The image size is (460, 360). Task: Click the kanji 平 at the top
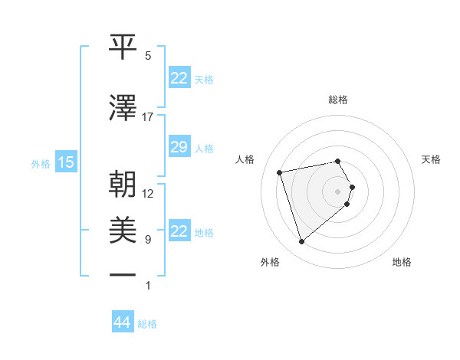123,46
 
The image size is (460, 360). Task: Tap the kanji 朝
123,184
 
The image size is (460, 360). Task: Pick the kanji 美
123,230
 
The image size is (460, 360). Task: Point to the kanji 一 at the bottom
123,273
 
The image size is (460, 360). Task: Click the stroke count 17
147,117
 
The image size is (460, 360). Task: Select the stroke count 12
148,193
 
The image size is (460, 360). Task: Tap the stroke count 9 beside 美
148,240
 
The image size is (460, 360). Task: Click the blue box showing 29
179,148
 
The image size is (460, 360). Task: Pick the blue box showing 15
66,162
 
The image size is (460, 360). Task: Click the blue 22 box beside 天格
179,78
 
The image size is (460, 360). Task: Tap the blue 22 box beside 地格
179,231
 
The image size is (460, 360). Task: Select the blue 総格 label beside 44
147,324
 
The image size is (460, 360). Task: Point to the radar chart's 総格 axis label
337,100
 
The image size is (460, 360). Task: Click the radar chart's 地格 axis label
402,262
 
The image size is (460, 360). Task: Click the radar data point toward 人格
280,172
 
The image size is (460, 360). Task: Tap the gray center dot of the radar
337,191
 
